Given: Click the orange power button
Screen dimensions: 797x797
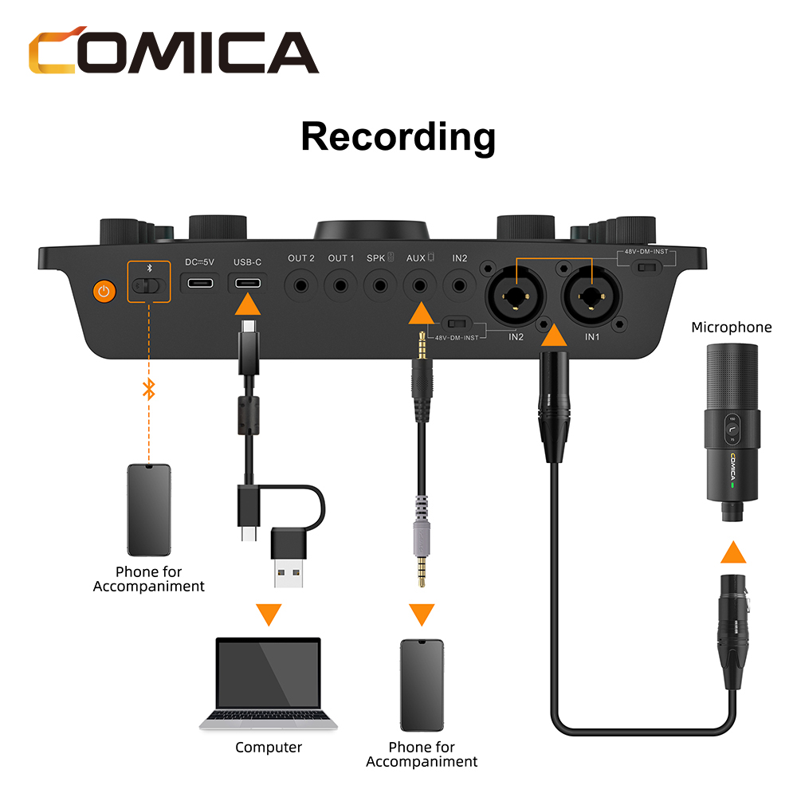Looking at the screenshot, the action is pyautogui.click(x=104, y=291).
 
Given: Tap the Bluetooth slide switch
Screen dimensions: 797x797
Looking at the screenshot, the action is pyautogui.click(x=148, y=286).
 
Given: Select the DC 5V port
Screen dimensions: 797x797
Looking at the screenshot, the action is pyautogui.click(x=200, y=283).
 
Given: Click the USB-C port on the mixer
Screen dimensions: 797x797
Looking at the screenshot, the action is pyautogui.click(x=248, y=283).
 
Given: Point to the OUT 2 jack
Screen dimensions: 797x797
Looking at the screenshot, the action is pyautogui.click(x=301, y=285).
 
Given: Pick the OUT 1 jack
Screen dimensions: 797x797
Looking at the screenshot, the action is pyautogui.click(x=340, y=285).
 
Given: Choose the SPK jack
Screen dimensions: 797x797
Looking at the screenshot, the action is pyautogui.click(x=380, y=285).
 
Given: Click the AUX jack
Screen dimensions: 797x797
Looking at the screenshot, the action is pyautogui.click(x=420, y=285).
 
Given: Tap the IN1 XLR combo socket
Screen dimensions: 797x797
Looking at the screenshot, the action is pyautogui.click(x=591, y=296).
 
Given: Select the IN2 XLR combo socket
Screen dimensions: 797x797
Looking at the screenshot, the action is pyautogui.click(x=516, y=296).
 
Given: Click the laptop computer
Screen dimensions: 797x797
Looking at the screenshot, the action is pyautogui.click(x=269, y=684).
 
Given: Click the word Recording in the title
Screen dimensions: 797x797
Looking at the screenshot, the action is pyautogui.click(x=398, y=137).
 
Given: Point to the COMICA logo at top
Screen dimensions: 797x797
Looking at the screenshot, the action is pyautogui.click(x=173, y=50).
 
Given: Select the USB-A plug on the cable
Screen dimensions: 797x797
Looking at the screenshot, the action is pyautogui.click(x=289, y=558).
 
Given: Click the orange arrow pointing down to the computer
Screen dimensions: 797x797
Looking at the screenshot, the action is pyautogui.click(x=269, y=614).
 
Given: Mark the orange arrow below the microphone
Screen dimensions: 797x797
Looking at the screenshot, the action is pyautogui.click(x=733, y=552).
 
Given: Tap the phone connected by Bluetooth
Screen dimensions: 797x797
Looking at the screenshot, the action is pyautogui.click(x=149, y=510).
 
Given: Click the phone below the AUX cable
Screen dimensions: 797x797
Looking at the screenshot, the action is pyautogui.click(x=422, y=685).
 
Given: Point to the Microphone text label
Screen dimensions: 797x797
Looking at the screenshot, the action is pyautogui.click(x=732, y=328).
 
